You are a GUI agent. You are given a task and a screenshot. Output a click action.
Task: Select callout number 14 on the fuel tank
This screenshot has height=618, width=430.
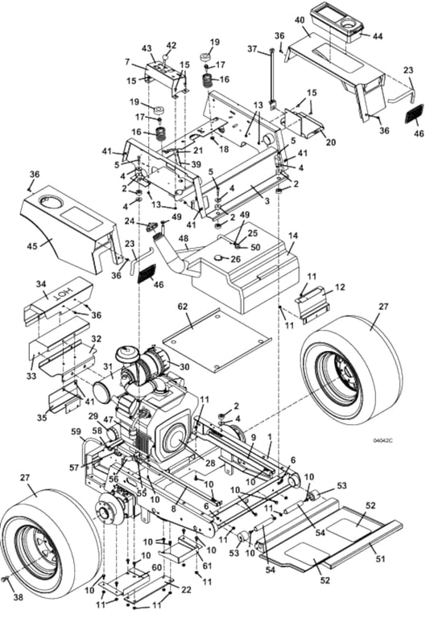[293, 236]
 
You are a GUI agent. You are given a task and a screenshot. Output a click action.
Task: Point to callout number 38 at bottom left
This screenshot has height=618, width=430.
[19, 598]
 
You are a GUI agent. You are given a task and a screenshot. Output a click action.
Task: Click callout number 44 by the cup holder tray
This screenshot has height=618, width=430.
[378, 36]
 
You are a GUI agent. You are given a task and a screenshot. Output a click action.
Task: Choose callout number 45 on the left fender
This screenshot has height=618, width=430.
[33, 246]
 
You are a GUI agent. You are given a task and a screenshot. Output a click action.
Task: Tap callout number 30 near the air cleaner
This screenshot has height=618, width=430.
[184, 367]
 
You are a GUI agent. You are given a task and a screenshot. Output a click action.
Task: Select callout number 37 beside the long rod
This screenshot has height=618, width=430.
[253, 49]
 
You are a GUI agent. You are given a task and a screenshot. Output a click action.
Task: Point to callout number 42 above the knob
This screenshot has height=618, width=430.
[172, 45]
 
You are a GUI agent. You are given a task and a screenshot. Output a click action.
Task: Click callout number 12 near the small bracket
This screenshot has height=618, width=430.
[339, 287]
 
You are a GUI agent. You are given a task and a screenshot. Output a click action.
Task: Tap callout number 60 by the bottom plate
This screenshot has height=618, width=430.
[157, 567]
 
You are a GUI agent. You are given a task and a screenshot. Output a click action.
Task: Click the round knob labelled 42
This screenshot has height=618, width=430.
[166, 58]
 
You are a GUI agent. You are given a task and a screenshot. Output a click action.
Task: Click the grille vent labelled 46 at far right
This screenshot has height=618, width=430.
[414, 114]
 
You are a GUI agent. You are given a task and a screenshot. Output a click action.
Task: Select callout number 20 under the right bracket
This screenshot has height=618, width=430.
[331, 141]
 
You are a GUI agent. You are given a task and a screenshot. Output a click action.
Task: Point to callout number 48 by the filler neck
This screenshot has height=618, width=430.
[184, 239]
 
